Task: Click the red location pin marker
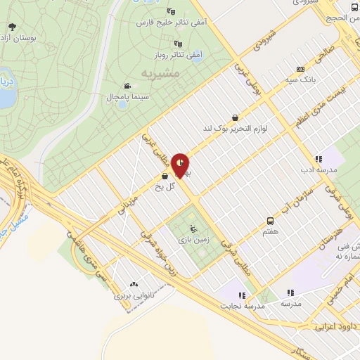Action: coord(181,164)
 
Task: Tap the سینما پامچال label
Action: coord(124,96)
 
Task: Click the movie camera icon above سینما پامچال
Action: coord(126,84)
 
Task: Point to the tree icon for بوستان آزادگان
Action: coord(12,27)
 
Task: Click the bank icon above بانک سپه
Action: coord(301,69)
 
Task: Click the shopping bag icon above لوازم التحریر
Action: coord(234,118)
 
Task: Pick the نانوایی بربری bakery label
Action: coord(134,296)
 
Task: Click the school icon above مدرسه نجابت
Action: coord(242,295)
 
